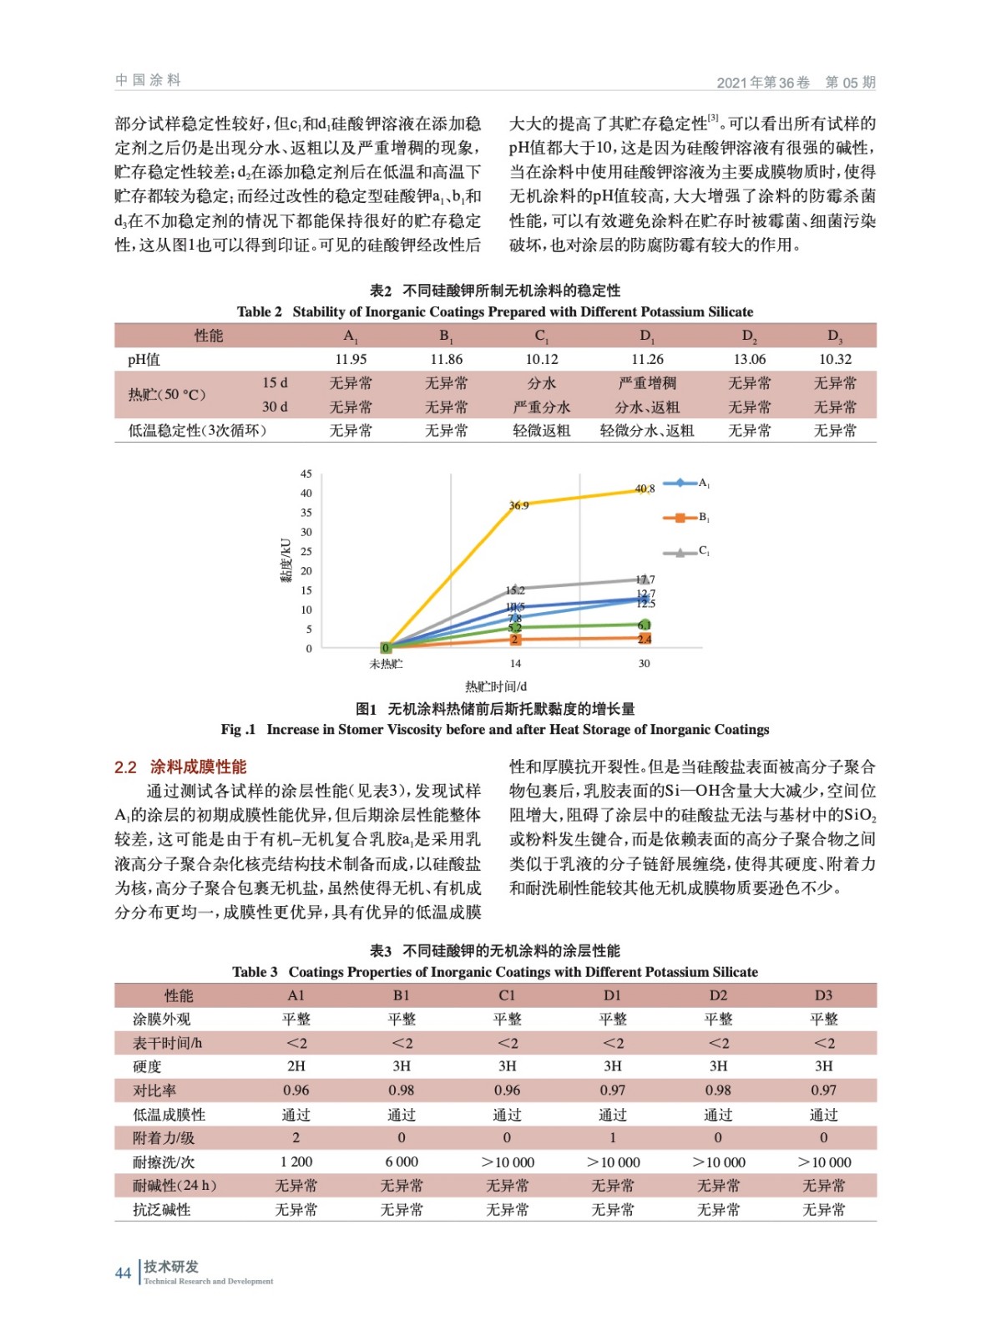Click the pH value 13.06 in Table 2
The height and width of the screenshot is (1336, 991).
(x=749, y=359)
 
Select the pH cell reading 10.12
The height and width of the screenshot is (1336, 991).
(x=541, y=359)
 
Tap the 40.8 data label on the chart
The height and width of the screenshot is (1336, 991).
(x=645, y=488)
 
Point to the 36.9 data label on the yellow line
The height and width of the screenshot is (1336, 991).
(x=518, y=505)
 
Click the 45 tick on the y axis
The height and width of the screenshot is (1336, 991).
(x=306, y=473)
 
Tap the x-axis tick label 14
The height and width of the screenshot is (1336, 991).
(x=515, y=664)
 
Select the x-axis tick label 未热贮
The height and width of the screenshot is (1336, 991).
(x=386, y=664)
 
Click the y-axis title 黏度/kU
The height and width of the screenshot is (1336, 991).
(x=286, y=559)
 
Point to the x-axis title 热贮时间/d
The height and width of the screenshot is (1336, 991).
(x=496, y=686)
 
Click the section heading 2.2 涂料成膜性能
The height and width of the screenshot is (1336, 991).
(x=180, y=767)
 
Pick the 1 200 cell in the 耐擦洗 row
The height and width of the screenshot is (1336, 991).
(x=296, y=1161)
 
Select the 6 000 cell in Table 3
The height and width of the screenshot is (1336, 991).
(x=402, y=1161)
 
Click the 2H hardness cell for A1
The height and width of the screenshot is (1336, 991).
(x=296, y=1066)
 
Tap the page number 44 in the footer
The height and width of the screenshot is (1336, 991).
(x=123, y=1273)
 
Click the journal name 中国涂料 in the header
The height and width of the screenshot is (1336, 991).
(x=148, y=80)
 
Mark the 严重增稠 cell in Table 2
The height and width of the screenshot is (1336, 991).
(x=647, y=383)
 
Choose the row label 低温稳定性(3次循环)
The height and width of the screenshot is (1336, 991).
(x=197, y=431)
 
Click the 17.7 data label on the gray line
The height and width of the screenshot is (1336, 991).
(x=645, y=579)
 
